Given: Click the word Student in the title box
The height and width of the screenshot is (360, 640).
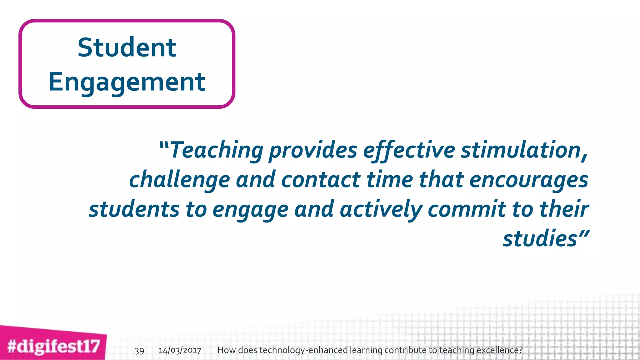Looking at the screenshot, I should pyautogui.click(x=127, y=47).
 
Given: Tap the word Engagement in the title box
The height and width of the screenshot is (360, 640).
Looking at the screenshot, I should pyautogui.click(x=127, y=82).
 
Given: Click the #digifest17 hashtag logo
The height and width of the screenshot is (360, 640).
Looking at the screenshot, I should pyautogui.click(x=53, y=347).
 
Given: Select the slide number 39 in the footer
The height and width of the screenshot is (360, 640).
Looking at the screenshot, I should pyautogui.click(x=139, y=351).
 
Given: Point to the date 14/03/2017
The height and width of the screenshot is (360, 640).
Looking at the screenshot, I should pyautogui.click(x=180, y=350).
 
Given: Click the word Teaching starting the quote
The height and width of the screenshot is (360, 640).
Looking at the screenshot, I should pyautogui.click(x=217, y=150).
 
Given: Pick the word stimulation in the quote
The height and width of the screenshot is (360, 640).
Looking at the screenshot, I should pyautogui.click(x=524, y=150).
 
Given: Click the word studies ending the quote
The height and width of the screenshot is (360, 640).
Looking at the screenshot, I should pyautogui.click(x=540, y=239).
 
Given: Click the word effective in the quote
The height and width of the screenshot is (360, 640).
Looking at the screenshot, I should pyautogui.click(x=409, y=150).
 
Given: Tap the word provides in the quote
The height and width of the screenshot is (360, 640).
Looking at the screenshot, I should pyautogui.click(x=313, y=150).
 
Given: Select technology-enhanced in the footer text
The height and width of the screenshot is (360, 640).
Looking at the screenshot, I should pyautogui.click(x=303, y=350).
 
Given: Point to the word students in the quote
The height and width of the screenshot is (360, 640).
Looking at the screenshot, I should pyautogui.click(x=134, y=209).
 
